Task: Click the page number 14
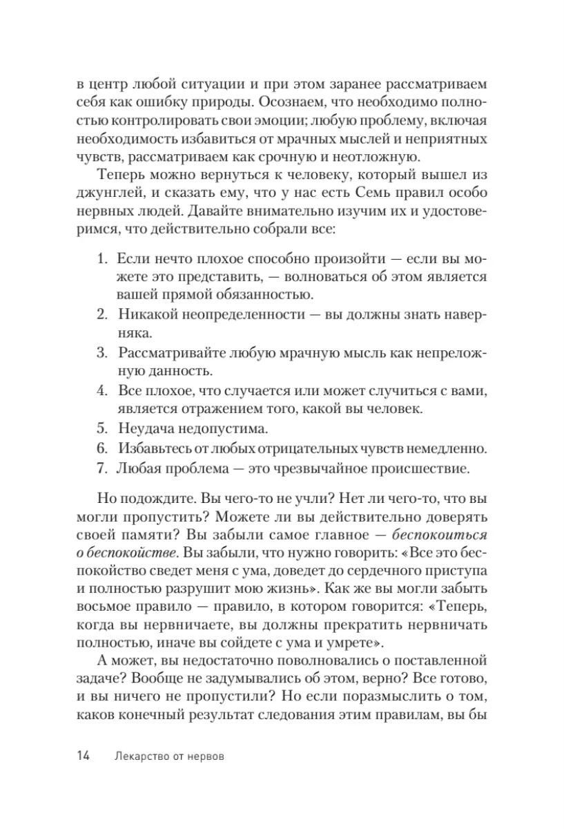click(x=83, y=756)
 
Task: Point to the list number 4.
click(x=101, y=390)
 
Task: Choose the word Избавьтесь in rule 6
click(x=152, y=448)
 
